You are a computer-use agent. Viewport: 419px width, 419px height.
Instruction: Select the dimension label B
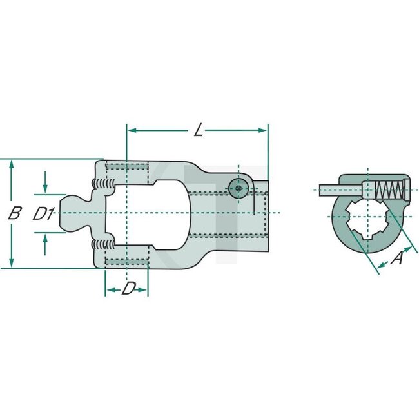(x=14, y=213)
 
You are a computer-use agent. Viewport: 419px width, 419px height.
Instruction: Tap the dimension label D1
(x=43, y=213)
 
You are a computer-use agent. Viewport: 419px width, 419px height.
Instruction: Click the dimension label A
(x=398, y=258)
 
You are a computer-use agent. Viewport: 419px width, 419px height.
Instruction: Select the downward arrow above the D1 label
(x=45, y=187)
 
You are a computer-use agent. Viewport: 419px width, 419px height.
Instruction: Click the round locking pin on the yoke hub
(x=238, y=188)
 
